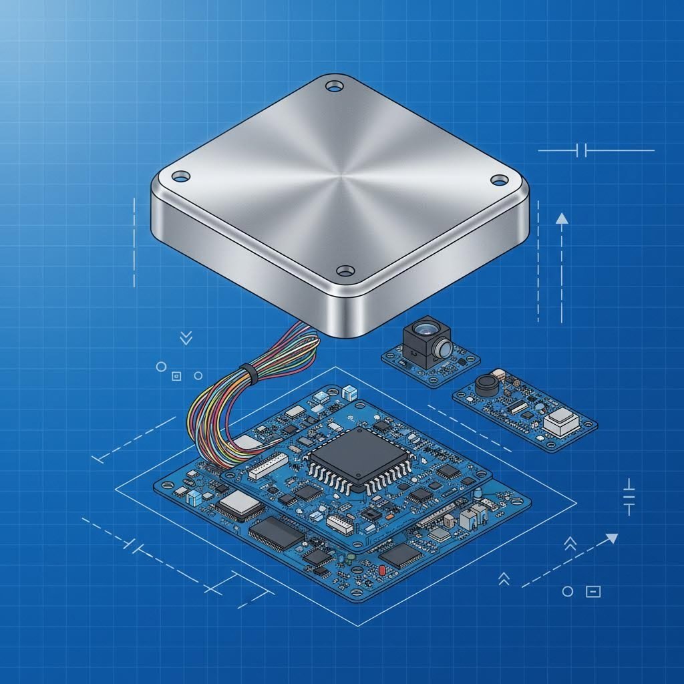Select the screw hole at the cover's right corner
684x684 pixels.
(x=499, y=179)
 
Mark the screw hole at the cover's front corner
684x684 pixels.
(x=345, y=271)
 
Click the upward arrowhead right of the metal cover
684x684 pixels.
(x=562, y=218)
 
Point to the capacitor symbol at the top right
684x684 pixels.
(x=582, y=150)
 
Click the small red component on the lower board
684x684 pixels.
(x=381, y=569)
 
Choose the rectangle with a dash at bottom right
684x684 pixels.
(x=593, y=591)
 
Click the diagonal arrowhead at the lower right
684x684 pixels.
(x=611, y=538)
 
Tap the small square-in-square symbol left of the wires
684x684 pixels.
(x=177, y=375)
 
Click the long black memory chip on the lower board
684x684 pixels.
(x=276, y=533)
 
